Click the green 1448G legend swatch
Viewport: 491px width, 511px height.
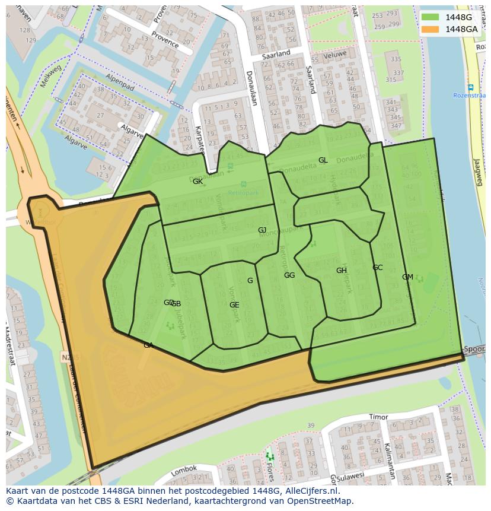(431, 17)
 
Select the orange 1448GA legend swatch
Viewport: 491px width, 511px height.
(431, 29)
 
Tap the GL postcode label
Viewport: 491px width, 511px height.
(323, 160)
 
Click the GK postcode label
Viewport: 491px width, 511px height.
(197, 182)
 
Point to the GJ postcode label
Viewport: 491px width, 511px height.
(262, 230)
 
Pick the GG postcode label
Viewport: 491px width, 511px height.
(289, 275)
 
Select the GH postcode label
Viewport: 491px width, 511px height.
(341, 271)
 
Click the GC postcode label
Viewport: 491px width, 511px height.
(377, 268)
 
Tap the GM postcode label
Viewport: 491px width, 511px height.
(407, 277)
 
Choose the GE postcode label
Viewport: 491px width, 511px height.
(234, 305)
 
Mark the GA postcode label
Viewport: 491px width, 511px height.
(148, 345)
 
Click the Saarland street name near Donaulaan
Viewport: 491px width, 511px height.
(276, 54)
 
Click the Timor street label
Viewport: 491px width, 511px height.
(378, 417)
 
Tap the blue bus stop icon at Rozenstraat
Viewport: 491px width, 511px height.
(470, 87)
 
